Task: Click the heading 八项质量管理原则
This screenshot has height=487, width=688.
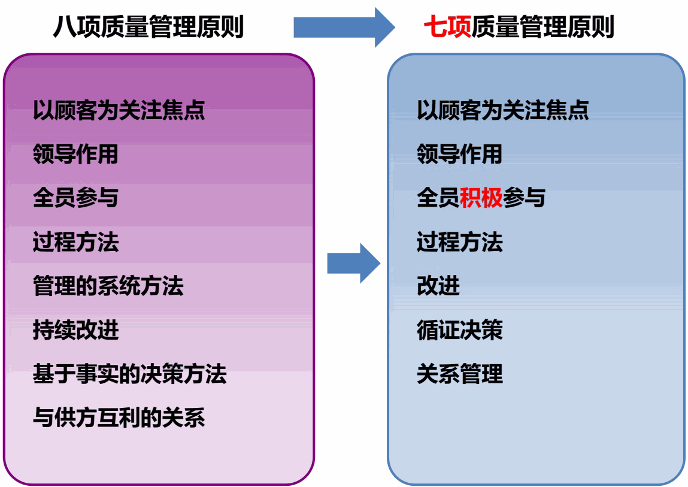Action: tap(148, 27)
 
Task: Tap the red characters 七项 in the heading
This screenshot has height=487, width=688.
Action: tap(447, 27)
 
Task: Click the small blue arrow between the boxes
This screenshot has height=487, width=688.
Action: tap(353, 263)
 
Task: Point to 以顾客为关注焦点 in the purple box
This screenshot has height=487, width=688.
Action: tap(119, 110)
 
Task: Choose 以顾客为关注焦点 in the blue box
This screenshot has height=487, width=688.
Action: tap(502, 110)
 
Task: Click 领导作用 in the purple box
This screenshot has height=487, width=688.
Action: tap(75, 155)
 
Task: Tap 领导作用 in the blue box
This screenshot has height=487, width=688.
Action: tap(459, 155)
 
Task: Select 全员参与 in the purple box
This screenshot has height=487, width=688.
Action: tap(75, 198)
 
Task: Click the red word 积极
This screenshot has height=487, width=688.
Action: tap(481, 198)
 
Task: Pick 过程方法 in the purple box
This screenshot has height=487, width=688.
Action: tap(75, 243)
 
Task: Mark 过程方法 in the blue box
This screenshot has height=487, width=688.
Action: tap(459, 243)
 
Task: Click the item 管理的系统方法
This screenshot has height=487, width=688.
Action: tap(108, 286)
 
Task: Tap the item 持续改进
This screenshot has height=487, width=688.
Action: tap(75, 331)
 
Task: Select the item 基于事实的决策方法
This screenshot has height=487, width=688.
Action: tap(129, 374)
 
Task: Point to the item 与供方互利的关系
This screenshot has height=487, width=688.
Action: tap(119, 418)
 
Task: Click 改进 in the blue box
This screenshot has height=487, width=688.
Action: tap(438, 286)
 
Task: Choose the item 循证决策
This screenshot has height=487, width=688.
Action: tap(459, 331)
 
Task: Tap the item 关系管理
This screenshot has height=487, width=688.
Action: tap(459, 374)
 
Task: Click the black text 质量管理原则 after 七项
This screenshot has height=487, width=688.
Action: tap(542, 27)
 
